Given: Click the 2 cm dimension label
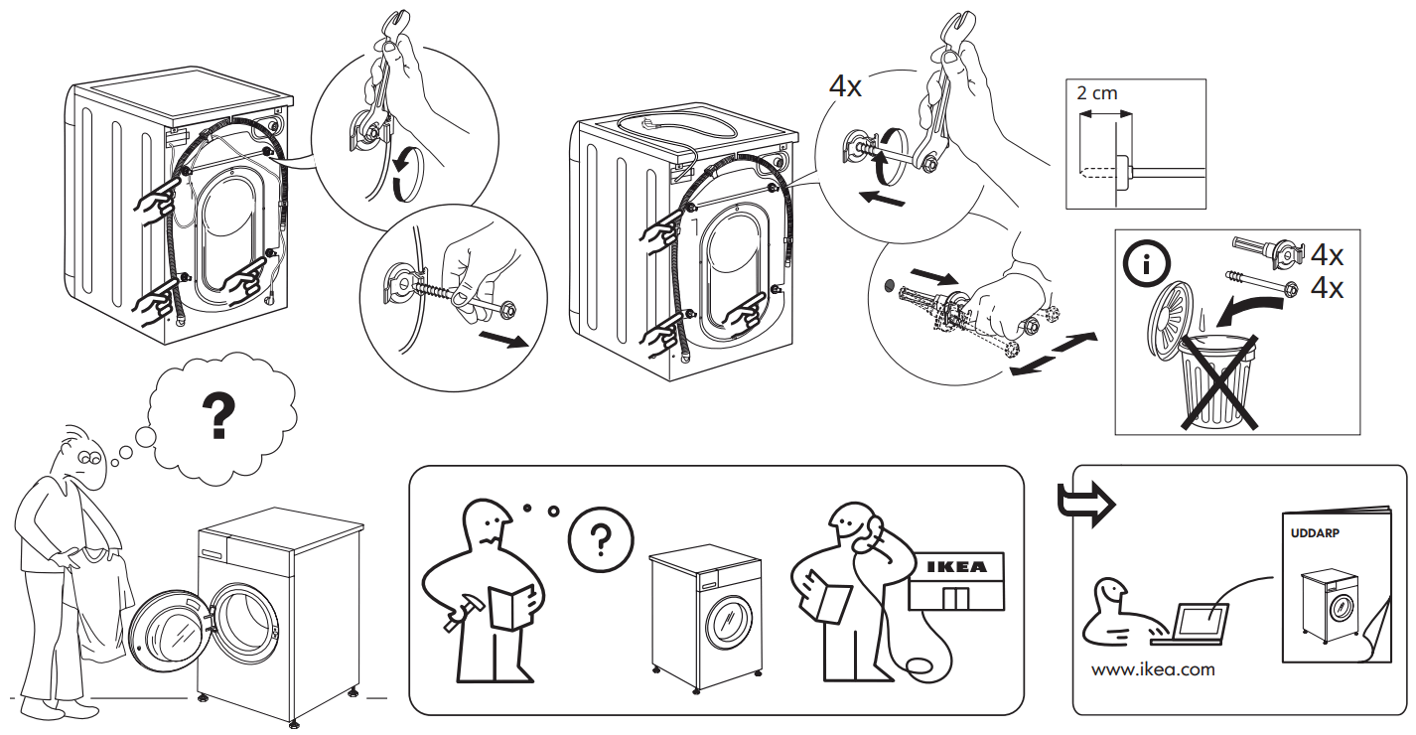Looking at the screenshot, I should [x=1096, y=94].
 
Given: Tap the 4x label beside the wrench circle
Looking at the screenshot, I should [x=845, y=85].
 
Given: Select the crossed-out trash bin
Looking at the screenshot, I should [x=1213, y=382].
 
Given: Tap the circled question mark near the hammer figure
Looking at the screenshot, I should [x=598, y=539].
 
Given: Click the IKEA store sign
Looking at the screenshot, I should [x=956, y=567].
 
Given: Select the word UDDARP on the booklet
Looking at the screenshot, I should [x=1315, y=532].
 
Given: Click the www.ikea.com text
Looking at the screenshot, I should [x=1152, y=669].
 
